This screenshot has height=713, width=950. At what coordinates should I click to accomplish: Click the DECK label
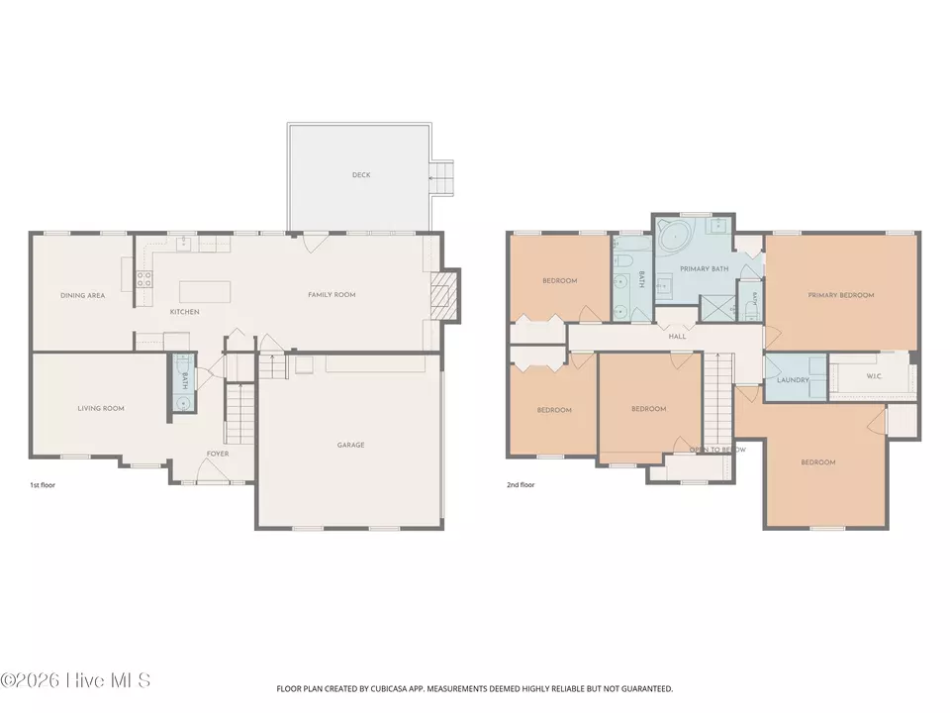tap(361, 174)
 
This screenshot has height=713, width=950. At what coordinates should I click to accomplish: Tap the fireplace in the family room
tap(441, 294)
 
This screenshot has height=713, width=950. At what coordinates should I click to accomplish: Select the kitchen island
tap(206, 291)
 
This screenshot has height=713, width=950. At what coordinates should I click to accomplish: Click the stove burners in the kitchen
tap(144, 279)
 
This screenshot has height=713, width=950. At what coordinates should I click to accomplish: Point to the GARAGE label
tap(350, 445)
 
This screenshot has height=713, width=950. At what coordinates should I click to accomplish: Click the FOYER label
tap(218, 454)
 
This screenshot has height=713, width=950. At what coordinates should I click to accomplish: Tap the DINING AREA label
tap(82, 296)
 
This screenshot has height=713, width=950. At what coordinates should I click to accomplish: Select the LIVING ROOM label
tap(101, 409)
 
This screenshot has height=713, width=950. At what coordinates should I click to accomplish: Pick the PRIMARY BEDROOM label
tap(841, 295)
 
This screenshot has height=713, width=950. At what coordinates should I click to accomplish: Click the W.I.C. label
tap(874, 376)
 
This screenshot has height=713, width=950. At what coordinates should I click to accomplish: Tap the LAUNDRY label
tap(793, 380)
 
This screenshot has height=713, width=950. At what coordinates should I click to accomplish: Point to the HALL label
tap(677, 337)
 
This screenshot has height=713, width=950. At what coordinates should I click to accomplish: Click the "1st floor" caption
tap(43, 485)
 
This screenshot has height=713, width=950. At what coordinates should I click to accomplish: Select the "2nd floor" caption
tap(522, 485)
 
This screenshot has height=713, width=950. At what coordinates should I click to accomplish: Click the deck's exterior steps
tap(441, 178)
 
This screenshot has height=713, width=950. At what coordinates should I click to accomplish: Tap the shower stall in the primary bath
tap(718, 308)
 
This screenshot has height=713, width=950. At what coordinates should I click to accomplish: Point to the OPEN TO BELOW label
tap(718, 450)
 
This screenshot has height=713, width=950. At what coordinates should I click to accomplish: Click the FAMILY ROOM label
tap(332, 295)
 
